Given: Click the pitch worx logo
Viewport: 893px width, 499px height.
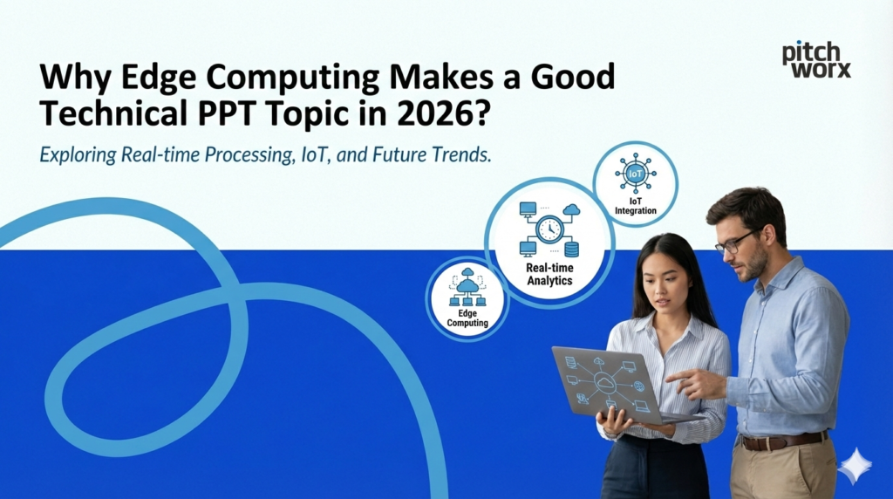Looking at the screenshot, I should click(x=816, y=59).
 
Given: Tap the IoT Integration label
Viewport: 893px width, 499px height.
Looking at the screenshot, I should click(x=635, y=207).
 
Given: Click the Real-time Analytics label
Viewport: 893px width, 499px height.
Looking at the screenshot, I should click(x=549, y=275).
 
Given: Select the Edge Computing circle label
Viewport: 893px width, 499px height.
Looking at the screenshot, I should click(x=467, y=318).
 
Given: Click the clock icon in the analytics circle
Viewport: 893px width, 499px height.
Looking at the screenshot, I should click(x=549, y=229).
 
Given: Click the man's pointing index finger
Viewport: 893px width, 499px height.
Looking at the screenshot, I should click(x=674, y=374).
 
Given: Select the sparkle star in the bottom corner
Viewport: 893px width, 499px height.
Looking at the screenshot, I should click(x=854, y=466).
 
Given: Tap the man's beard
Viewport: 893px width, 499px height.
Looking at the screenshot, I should click(x=752, y=265).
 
